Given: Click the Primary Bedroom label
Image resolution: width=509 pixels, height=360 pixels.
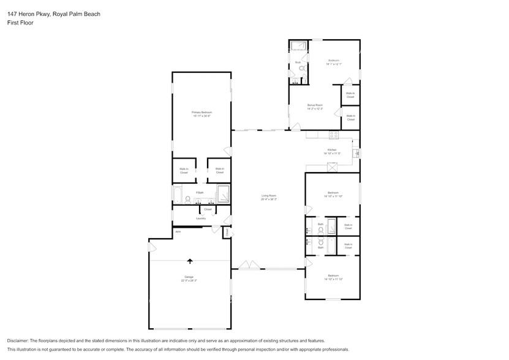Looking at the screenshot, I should point(202,114).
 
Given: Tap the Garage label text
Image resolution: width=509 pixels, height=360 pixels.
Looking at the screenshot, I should point(189,277).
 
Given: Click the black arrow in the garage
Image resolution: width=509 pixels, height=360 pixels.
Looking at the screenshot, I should point(189,261).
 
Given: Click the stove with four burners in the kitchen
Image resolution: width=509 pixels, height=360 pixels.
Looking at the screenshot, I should point(334,135).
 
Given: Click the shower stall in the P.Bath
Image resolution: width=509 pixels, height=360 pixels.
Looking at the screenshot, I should point(222,194).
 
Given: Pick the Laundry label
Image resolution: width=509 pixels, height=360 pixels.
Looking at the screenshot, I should point(200,219).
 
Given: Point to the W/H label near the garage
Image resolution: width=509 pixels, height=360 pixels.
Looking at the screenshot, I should point(178,231).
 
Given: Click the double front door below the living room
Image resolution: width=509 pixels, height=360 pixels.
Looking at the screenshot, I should point(250,266).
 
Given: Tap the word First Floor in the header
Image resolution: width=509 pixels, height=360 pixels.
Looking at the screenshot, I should point(20,22).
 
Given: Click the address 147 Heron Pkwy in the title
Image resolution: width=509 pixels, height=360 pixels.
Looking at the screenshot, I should point(29,13).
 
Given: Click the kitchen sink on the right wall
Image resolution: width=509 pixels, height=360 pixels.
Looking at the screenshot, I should point(355,152).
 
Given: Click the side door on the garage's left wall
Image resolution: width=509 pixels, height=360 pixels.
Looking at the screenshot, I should point(151,247).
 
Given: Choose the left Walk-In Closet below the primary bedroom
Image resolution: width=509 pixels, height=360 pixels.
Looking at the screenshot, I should point(184,171).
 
